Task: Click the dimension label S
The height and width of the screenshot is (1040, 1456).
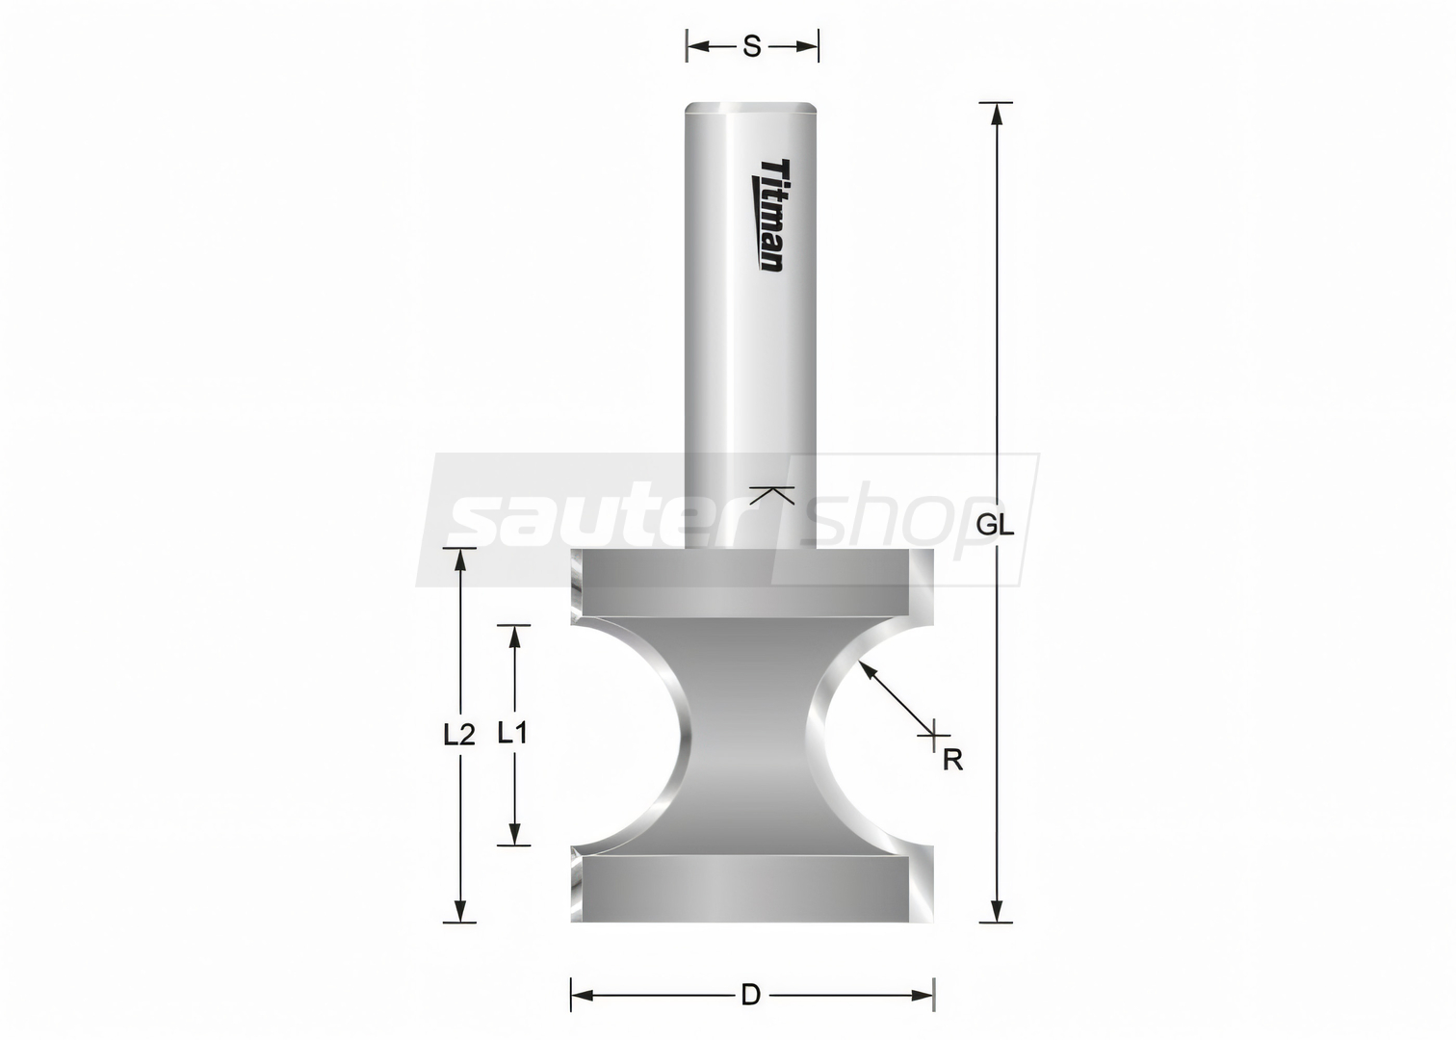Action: [x=751, y=47]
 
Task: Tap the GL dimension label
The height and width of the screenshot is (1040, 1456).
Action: [x=995, y=525]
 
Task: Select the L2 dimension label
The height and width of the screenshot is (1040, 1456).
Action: [x=459, y=735]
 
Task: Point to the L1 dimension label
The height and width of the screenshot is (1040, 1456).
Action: [x=512, y=734]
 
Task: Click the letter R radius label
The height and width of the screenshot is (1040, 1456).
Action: [x=953, y=759]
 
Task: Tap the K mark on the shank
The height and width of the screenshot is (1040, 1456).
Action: [x=771, y=495]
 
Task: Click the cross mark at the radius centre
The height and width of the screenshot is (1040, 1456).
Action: [x=933, y=735]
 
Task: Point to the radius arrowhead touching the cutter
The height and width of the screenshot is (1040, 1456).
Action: [x=867, y=669]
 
